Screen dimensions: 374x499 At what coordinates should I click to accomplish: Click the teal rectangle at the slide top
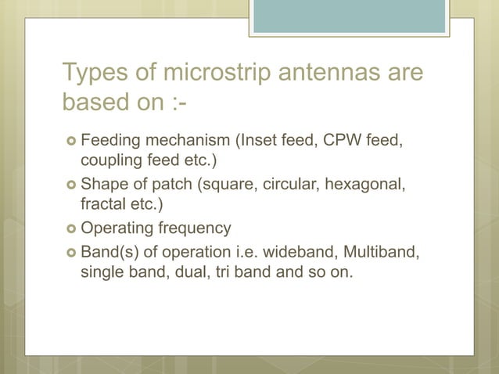pos(350,16)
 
